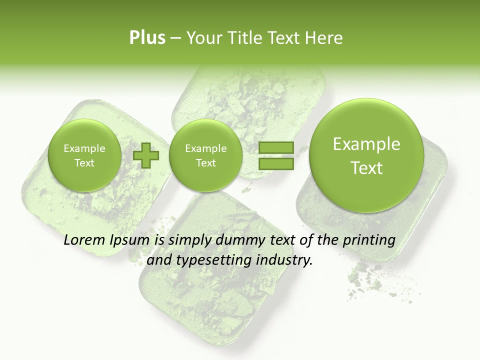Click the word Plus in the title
[147, 37]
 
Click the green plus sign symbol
[146, 155]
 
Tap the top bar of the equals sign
[275, 148]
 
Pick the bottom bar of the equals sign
[275, 163]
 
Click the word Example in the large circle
[366, 144]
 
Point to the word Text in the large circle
[366, 168]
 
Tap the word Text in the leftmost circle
[84, 163]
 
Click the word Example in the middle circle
[206, 148]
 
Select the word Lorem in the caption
[85, 240]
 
